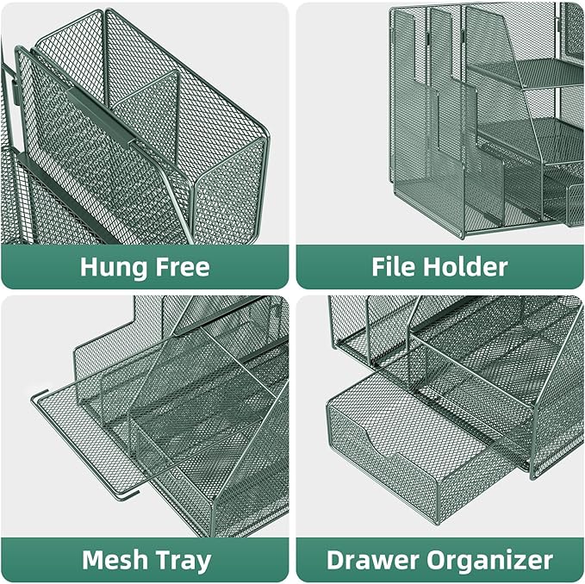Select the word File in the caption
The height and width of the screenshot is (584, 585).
tap(395, 266)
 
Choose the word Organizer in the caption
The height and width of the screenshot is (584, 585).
tap(491, 560)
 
